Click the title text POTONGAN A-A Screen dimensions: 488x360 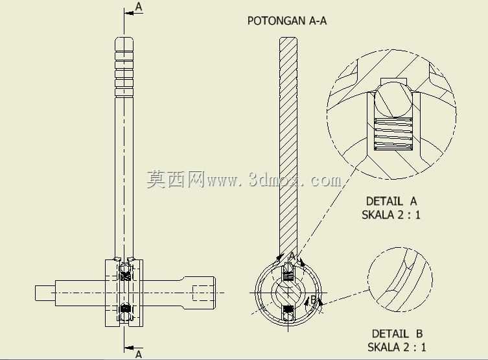287,21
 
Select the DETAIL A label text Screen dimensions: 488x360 391,201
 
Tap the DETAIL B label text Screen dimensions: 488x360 397,334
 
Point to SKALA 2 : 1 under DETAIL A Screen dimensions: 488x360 391,215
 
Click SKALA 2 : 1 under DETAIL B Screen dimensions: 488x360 397,347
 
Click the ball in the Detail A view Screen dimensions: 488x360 393,100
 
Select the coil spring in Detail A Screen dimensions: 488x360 393,134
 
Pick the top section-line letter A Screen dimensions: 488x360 139,6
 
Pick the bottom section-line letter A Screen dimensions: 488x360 139,354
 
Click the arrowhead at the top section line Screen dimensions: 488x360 129,14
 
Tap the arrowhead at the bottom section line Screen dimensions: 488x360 129,348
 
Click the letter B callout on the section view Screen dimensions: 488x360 313,300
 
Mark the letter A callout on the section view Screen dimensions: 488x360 292,256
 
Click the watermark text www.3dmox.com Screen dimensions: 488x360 274,180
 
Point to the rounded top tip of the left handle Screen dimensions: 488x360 124,39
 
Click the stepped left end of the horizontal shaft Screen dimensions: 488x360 45,293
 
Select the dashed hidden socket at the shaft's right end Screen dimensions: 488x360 203,293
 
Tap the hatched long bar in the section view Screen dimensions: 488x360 288,147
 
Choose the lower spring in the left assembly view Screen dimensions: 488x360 126,309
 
